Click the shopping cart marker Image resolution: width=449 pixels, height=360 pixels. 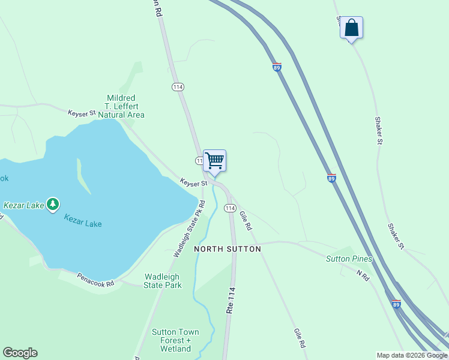[x=214, y=161]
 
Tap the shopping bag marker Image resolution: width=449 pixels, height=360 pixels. [x=351, y=28]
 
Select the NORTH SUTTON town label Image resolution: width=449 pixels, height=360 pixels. [x=228, y=249]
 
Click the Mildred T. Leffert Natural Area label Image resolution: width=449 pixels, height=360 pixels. [x=121, y=106]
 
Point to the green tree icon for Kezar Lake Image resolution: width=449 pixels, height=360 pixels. [x=53, y=205]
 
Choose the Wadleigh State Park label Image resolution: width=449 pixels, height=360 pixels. [x=162, y=281]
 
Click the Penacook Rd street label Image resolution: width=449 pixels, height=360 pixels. [x=95, y=280]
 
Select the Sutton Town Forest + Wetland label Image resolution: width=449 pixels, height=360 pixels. [x=175, y=340]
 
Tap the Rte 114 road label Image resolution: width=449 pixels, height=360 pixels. [x=229, y=300]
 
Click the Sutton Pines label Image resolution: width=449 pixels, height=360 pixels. [x=349, y=259]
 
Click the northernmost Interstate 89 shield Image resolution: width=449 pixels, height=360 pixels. [x=277, y=68]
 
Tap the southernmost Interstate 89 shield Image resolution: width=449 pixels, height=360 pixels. [x=396, y=304]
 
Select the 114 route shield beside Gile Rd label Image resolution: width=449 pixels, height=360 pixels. [x=229, y=208]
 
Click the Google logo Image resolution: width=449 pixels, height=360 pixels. [x=20, y=353]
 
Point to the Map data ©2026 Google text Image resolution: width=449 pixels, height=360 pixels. [x=412, y=355]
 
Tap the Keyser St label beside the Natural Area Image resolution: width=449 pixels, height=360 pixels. [x=82, y=113]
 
